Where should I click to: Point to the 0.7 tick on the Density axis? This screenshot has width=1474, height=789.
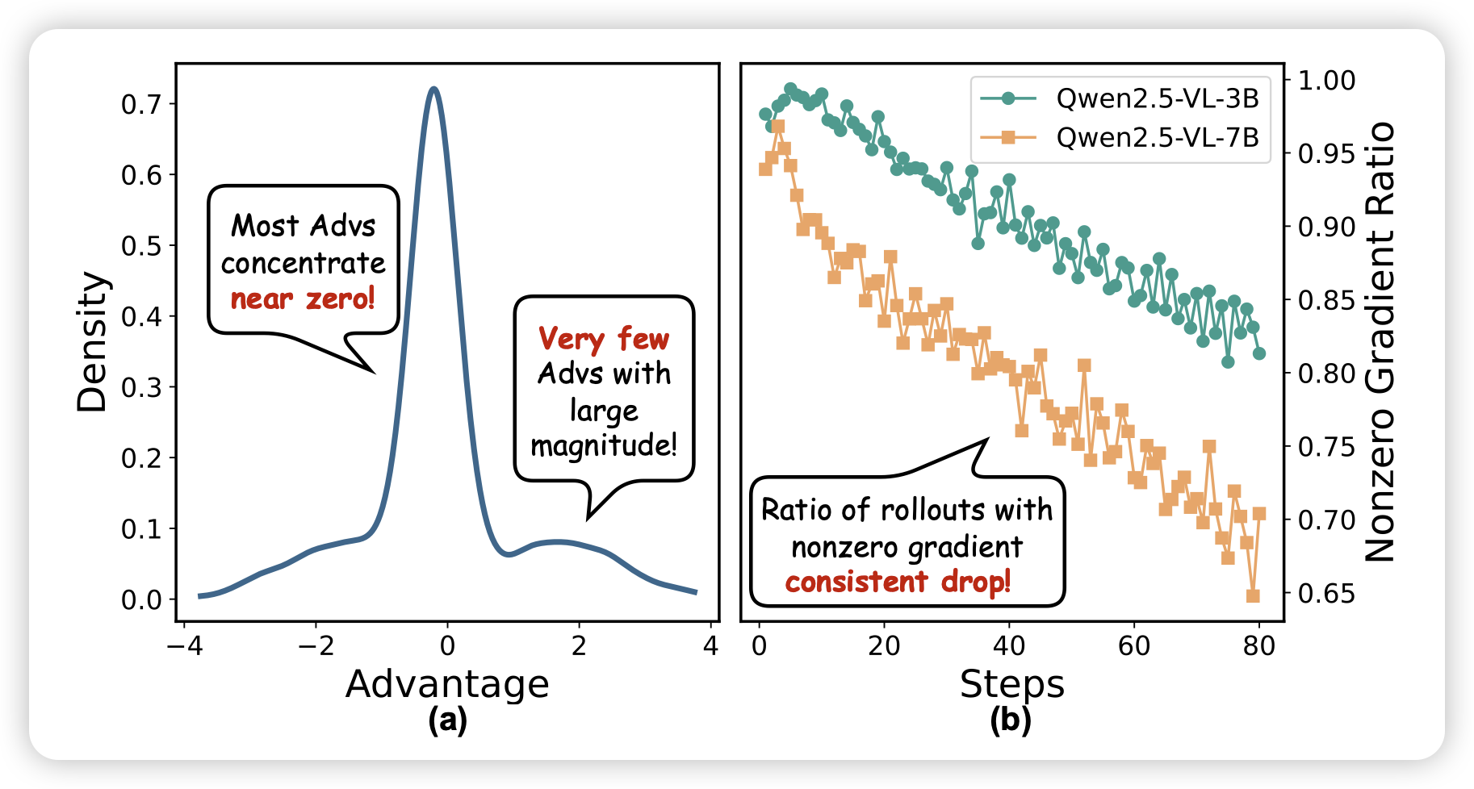click(142, 104)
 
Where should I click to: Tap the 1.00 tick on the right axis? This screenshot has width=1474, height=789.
click(1326, 80)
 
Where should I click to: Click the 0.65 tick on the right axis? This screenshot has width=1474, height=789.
click(1326, 593)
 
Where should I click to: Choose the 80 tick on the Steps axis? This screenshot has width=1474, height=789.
click(1258, 645)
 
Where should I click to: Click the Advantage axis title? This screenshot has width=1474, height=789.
click(447, 684)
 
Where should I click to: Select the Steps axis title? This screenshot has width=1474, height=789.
click(1012, 684)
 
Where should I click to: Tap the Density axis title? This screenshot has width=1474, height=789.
click(91, 342)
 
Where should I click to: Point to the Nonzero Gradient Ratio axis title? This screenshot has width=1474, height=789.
click(1380, 342)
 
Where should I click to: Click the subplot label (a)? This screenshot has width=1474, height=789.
click(447, 720)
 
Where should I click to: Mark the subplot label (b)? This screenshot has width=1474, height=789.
click(1011, 720)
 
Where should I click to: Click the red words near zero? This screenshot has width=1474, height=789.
click(303, 299)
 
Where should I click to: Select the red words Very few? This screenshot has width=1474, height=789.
click(604, 338)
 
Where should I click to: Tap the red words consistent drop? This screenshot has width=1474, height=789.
click(898, 582)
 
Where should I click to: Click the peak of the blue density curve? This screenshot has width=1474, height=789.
click(434, 89)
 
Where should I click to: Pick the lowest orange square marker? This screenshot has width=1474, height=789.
click(1253, 596)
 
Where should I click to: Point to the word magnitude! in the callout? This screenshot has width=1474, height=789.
click(604, 445)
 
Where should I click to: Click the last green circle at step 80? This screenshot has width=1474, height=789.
click(1259, 353)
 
